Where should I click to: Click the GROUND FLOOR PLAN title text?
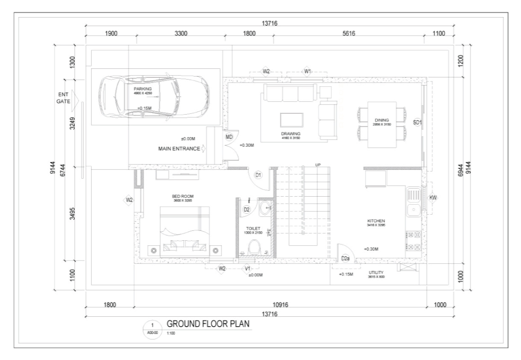point(208,324)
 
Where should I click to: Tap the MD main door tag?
point(229,137)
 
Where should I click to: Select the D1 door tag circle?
point(258,175)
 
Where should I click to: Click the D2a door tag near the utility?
point(345,258)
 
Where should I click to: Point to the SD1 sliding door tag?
point(417,122)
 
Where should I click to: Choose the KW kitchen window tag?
point(433,198)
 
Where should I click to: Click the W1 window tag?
point(308,71)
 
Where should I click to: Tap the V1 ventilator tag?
point(247,269)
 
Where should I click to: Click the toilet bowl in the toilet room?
point(254,248)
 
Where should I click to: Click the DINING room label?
point(382,120)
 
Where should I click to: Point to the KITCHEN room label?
point(376,220)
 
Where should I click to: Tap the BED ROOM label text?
point(182,196)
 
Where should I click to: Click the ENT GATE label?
point(63,98)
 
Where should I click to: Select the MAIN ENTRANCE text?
point(179,148)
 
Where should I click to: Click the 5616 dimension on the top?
point(349,33)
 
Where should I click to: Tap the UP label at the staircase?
point(318,165)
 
